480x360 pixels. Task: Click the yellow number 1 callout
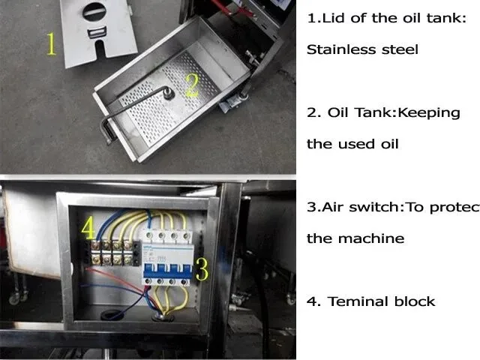point(52,44)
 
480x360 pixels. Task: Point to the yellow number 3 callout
point(202,269)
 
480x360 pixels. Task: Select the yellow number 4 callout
point(88,228)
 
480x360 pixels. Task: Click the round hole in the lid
point(94,12)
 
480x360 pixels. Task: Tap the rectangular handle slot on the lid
point(97,32)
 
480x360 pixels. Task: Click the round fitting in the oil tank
point(168,93)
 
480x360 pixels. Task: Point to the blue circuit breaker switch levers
point(167,270)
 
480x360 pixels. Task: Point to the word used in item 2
point(356,144)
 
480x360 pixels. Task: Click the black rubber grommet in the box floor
point(111,314)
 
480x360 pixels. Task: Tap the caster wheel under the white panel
point(13,298)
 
